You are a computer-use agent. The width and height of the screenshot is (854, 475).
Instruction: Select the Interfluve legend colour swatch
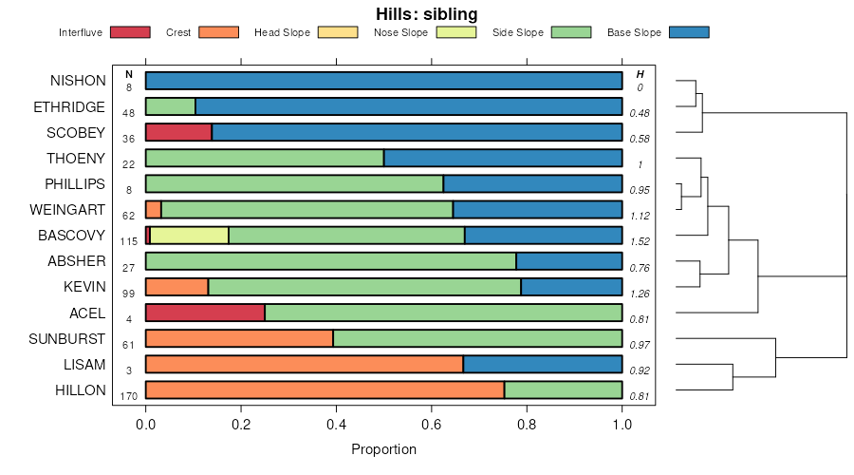click(x=130, y=32)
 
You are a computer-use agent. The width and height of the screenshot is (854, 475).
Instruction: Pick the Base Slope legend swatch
click(x=689, y=32)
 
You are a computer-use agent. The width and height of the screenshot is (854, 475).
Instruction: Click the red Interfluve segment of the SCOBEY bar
click(x=178, y=132)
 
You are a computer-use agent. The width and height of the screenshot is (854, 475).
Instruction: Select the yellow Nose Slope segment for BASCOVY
click(x=189, y=235)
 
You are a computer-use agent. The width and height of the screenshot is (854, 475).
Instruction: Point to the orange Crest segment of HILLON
click(x=325, y=389)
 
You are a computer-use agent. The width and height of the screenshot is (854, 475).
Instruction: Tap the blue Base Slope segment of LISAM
click(x=542, y=363)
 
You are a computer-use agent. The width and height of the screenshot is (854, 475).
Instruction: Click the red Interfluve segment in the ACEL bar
click(x=205, y=312)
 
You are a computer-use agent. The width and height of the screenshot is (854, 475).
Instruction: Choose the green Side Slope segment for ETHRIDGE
click(x=170, y=106)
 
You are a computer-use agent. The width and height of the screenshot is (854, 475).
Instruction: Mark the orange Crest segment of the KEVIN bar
click(x=176, y=286)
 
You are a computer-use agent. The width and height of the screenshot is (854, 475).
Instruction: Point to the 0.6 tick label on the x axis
click(x=432, y=424)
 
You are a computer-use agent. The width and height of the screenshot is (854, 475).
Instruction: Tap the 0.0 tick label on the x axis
click(x=145, y=424)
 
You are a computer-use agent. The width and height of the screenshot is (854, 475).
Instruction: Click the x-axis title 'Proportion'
click(x=383, y=449)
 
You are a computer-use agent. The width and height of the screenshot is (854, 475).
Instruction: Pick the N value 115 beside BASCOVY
click(x=129, y=241)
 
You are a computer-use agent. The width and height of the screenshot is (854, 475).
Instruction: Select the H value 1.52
click(x=640, y=241)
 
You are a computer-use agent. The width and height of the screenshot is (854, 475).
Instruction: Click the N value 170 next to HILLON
click(x=129, y=395)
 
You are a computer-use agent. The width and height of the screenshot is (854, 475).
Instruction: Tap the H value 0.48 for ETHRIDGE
click(x=640, y=113)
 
